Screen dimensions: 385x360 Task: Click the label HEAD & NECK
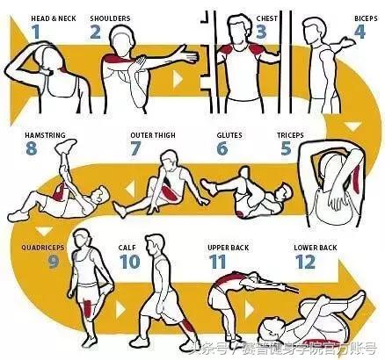pos(54,18)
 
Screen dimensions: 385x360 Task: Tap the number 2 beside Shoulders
pos(95,32)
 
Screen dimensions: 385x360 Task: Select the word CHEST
pos(267,18)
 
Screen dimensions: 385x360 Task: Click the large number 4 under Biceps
pos(360,32)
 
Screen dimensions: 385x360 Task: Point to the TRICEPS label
pos(290,135)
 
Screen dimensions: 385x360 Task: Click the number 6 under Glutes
pos(222,148)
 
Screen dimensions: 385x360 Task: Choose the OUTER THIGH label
pos(153,135)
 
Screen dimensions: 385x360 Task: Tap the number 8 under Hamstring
pos(31,148)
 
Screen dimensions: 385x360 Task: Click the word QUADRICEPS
pos(42,248)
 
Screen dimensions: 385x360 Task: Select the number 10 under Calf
pos(129,262)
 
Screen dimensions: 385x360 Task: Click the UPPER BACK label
pos(229,248)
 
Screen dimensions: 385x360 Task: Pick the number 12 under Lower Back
pos(305,262)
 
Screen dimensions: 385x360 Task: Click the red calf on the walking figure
pos(185,328)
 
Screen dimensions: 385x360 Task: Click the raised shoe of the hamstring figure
pos(66,145)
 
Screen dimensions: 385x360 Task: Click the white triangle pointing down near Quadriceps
pos(44,231)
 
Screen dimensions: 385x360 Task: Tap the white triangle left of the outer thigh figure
pos(130,189)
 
